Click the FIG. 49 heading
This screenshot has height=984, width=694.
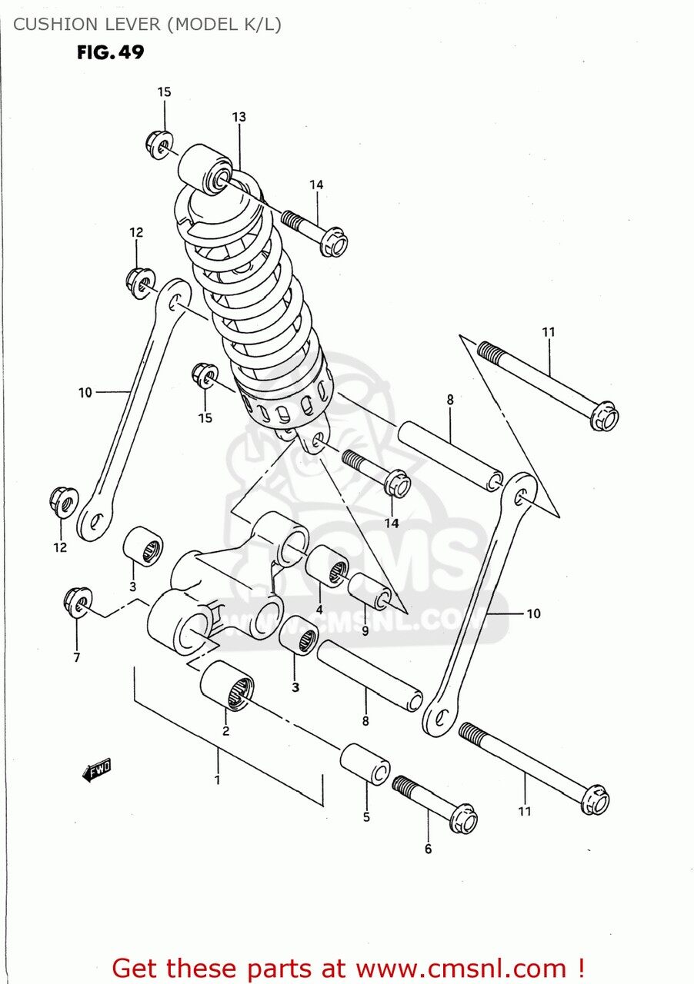(110, 53)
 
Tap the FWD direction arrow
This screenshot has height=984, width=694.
(97, 770)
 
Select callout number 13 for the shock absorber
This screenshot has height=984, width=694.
(239, 117)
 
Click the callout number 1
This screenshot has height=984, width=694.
(218, 780)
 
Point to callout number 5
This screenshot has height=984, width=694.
(366, 816)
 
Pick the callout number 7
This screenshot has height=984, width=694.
(77, 657)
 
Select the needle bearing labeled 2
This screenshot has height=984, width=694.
(226, 684)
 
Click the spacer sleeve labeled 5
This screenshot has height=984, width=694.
(365, 763)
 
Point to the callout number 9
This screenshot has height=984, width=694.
(365, 630)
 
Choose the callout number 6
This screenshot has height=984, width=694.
(428, 849)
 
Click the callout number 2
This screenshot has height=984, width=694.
(225, 731)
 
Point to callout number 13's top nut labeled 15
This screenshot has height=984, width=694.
(159, 144)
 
